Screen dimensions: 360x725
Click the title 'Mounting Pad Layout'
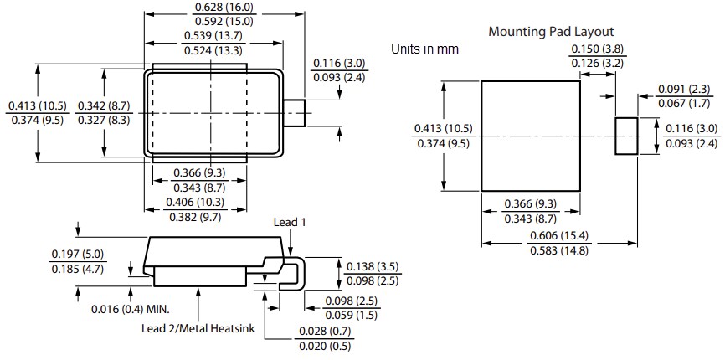point(551,32)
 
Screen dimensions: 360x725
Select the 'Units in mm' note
point(424,49)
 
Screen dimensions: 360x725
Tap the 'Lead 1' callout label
point(291,222)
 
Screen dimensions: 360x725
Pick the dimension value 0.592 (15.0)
point(212,21)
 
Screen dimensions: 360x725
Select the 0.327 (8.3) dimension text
point(103,121)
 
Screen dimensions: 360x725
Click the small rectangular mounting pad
point(626,136)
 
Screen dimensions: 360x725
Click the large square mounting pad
point(531,136)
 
